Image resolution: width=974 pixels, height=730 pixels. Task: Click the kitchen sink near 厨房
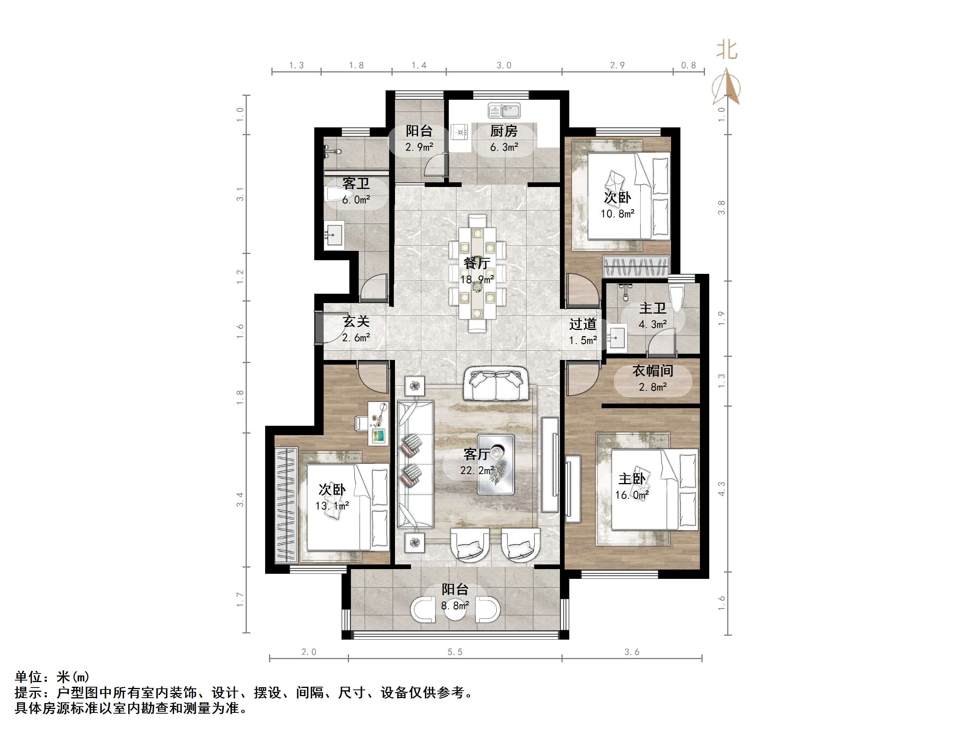tap(504, 111)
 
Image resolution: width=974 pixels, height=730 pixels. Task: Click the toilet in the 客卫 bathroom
tap(334, 194)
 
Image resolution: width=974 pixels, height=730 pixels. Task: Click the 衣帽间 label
tap(653, 371)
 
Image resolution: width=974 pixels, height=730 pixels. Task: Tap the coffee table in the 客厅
tap(496, 465)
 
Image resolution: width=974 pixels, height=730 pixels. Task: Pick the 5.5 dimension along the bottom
tap(455, 652)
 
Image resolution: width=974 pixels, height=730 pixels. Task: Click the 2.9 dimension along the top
tap(617, 65)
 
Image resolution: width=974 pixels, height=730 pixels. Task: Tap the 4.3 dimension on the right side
tap(721, 488)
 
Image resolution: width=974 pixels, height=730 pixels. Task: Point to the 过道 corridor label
tap(583, 324)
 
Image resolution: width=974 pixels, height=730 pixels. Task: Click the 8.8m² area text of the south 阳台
tap(455, 606)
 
